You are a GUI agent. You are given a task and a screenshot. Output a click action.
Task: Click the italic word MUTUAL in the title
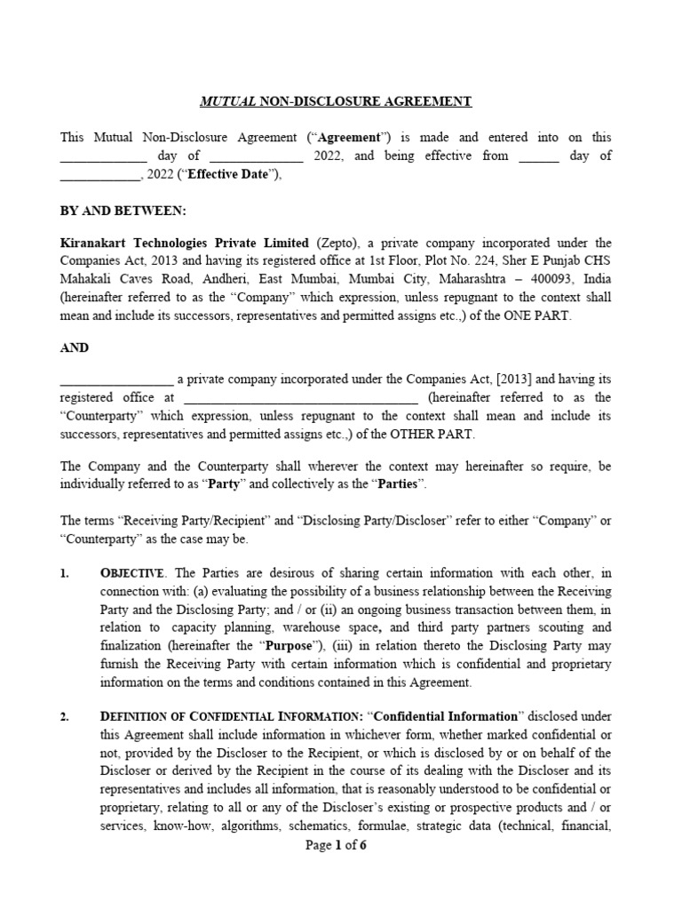tap(227, 101)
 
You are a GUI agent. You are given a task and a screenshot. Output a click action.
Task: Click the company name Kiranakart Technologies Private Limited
tap(185, 243)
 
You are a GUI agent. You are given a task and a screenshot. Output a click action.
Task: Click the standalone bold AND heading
tap(74, 347)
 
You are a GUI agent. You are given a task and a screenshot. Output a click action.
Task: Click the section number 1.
tap(65, 573)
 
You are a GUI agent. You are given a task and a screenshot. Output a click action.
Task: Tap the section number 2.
tap(65, 715)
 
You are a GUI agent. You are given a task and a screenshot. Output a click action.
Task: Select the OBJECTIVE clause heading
tap(133, 574)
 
